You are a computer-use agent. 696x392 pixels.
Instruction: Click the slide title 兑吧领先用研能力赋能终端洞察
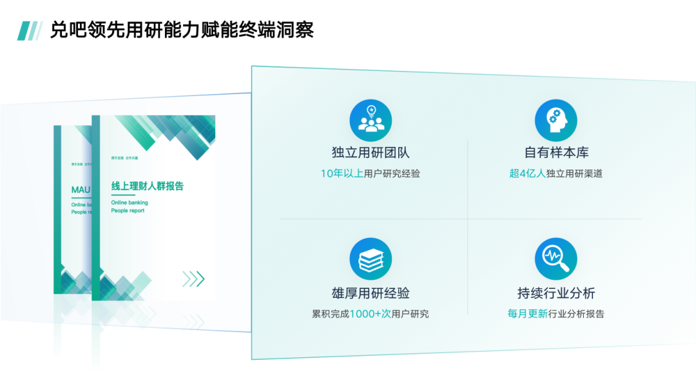[182, 30]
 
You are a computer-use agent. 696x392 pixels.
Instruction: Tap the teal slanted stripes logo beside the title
[30, 30]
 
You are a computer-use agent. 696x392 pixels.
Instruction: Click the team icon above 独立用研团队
[371, 121]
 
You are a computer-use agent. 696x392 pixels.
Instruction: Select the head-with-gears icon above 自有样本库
[556, 121]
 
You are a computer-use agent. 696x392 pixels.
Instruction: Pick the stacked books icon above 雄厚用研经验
[371, 259]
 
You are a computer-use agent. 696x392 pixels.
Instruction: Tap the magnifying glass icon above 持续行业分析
[556, 259]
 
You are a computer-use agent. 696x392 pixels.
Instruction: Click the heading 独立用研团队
[371, 153]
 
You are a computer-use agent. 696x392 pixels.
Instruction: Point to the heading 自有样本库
[556, 153]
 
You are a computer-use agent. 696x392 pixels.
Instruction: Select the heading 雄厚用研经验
[371, 293]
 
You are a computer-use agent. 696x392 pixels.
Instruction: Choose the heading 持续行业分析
[556, 293]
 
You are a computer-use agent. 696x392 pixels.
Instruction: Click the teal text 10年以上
[342, 173]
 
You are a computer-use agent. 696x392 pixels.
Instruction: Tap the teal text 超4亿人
[527, 173]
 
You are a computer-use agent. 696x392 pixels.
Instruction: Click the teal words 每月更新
[527, 314]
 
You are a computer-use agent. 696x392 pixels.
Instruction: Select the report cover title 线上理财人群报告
[148, 186]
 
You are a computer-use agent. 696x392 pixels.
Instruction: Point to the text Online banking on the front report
[130, 202]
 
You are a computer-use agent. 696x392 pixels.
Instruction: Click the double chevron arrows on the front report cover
[193, 279]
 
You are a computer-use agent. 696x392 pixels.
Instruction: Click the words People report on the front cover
[128, 211]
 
